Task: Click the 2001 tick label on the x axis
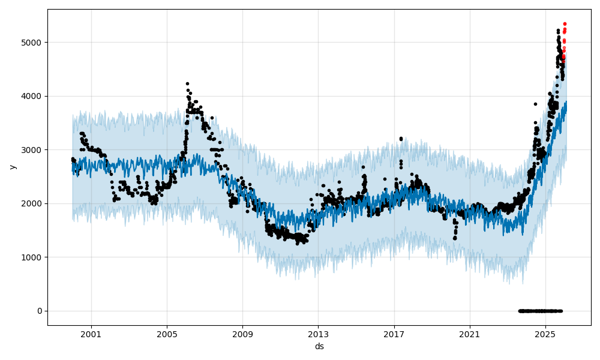pos(91,334)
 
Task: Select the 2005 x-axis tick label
pos(167,334)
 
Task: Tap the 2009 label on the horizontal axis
pos(242,334)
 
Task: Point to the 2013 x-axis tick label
pos(318,334)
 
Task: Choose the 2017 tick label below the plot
pos(394,334)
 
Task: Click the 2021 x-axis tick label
pos(470,334)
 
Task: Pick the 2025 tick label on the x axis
pos(545,334)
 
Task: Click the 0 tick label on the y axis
pos(40,311)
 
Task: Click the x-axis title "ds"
pos(319,346)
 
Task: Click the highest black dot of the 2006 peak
pos(187,84)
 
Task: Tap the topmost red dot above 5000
pos(565,24)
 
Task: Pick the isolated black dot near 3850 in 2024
pos(535,104)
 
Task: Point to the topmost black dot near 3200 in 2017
pos(401,139)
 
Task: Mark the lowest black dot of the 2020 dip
pos(454,238)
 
